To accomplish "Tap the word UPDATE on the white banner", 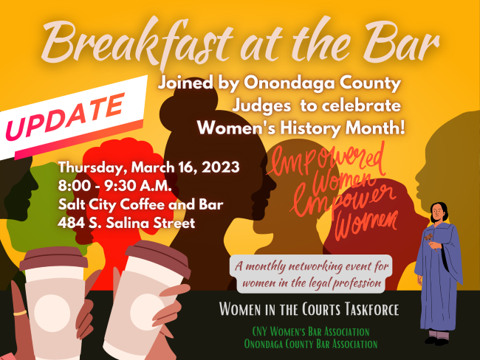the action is [x=65, y=117].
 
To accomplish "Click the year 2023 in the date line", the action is [x=220, y=167].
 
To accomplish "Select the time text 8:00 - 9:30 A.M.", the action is [x=114, y=186].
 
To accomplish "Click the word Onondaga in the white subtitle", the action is [x=289, y=83].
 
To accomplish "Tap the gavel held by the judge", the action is [x=428, y=238].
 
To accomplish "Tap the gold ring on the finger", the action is [x=20, y=313].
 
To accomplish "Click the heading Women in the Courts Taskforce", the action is [x=309, y=309].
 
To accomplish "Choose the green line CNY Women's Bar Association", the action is [x=311, y=331].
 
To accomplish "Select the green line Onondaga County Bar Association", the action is [x=311, y=344].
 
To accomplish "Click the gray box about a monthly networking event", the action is [x=311, y=274].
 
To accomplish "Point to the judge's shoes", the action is [x=437, y=341].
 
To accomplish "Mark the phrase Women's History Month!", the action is [x=301, y=128].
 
